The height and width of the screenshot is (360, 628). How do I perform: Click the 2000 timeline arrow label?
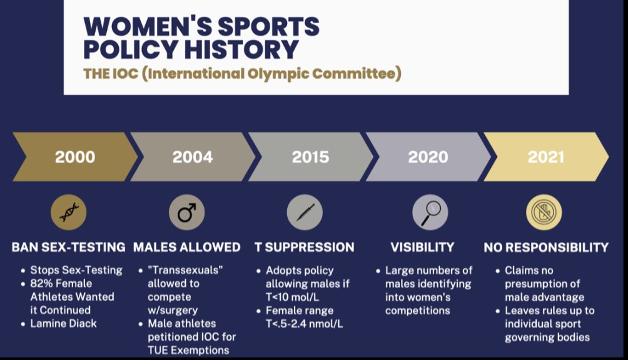tap(74, 157)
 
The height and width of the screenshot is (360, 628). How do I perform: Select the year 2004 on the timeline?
tap(192, 157)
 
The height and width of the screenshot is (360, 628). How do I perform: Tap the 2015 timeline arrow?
tap(311, 157)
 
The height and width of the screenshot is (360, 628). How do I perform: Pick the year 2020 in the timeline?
tap(428, 157)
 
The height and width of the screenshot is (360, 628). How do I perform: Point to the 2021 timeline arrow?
tap(546, 157)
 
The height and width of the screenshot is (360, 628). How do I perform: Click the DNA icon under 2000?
tap(68, 213)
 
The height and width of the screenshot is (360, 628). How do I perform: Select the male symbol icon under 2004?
tap(186, 213)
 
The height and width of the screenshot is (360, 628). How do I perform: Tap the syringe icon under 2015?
tap(305, 213)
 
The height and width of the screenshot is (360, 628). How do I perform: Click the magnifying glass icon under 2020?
tap(430, 212)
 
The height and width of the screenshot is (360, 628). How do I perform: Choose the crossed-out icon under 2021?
tap(544, 213)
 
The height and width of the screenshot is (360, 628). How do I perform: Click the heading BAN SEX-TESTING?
tap(68, 247)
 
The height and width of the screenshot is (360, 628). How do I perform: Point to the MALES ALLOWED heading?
tap(186, 247)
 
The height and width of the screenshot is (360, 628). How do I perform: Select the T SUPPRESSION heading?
tap(305, 247)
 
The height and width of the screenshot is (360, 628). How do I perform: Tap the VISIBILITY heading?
tap(423, 247)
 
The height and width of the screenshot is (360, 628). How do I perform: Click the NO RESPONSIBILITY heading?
tap(546, 247)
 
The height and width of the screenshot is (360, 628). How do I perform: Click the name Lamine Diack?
tap(64, 323)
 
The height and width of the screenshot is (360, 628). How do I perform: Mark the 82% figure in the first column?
tap(41, 284)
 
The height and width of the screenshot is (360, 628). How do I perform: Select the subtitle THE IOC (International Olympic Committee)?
tap(242, 73)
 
